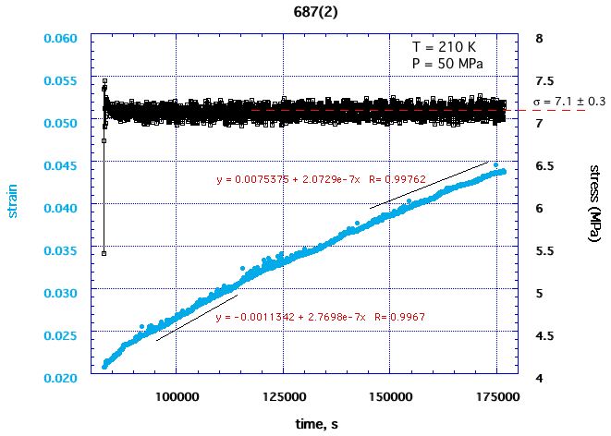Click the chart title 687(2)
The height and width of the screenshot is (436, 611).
click(304, 11)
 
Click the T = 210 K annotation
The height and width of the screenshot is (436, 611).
click(446, 47)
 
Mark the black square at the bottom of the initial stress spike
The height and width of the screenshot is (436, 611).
click(104, 252)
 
